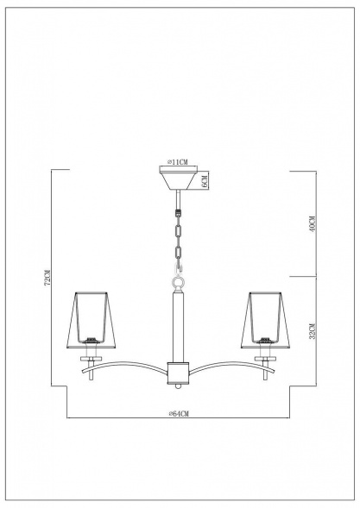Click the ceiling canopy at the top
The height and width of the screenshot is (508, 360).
pyautogui.click(x=179, y=179)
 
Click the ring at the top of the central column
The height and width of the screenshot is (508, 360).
pyautogui.click(x=179, y=282)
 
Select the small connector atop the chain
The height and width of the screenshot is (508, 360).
pyautogui.click(x=179, y=210)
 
